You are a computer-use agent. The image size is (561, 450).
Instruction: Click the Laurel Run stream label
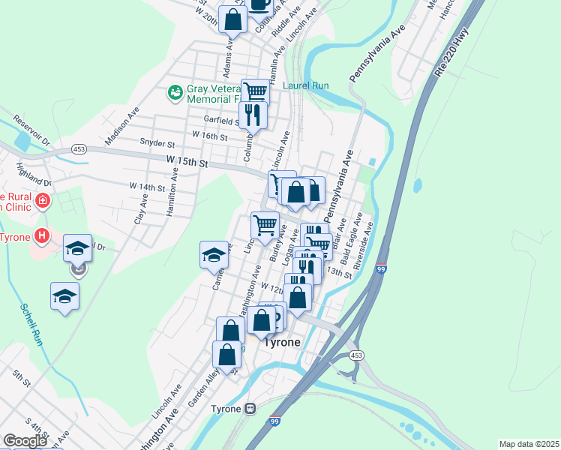click(306, 85)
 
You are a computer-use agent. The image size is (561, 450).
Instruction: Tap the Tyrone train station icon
click(251, 409)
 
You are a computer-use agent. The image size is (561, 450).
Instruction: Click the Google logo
click(25, 441)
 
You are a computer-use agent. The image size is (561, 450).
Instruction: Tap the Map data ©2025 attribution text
click(529, 444)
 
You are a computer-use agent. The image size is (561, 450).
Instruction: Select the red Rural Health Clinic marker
click(43, 200)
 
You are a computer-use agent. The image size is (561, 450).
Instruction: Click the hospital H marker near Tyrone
click(43, 235)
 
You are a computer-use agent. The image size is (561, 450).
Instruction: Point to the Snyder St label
click(157, 143)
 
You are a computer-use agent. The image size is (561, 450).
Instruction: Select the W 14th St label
click(146, 186)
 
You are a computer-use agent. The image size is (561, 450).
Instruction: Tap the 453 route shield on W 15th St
click(78, 149)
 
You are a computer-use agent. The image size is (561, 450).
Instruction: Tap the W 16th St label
click(209, 135)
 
